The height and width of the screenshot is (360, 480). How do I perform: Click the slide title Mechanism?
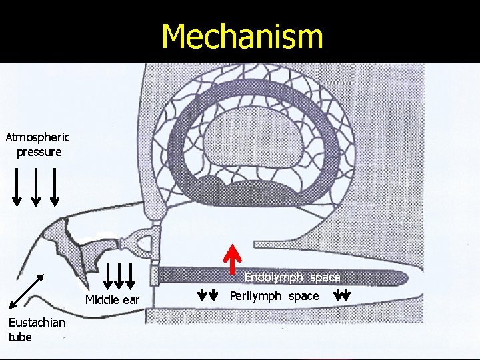(x=242, y=36)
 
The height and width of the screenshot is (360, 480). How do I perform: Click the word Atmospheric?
(x=37, y=138)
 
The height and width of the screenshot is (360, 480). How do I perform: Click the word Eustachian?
(x=37, y=323)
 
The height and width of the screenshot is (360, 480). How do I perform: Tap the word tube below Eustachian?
(x=20, y=337)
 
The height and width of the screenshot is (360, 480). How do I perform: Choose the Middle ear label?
(x=112, y=300)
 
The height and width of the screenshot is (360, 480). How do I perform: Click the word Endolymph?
(x=273, y=277)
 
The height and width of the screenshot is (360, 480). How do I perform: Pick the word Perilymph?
(x=256, y=295)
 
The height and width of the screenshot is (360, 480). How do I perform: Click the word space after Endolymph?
(x=325, y=277)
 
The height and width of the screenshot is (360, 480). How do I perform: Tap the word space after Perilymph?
(x=303, y=295)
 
